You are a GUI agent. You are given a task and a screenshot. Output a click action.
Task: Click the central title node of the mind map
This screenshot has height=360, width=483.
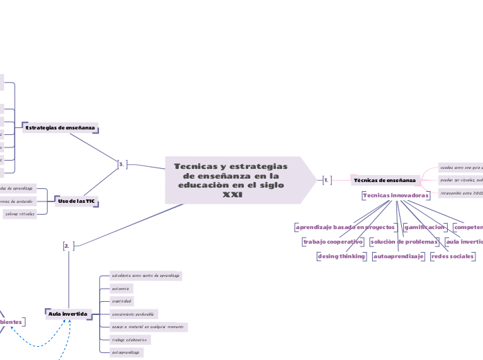tap(232, 180)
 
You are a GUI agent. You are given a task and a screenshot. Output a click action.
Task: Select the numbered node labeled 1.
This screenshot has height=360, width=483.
tap(327, 180)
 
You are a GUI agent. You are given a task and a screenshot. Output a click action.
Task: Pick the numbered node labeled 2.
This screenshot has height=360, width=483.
tap(68, 246)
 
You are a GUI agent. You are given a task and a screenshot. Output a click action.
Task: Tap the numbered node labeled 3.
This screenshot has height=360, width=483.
tap(122, 165)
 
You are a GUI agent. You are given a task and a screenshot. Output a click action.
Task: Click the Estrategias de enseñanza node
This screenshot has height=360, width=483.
tap(60, 128)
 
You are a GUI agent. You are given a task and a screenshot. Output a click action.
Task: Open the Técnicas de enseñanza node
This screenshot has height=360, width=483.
tap(385, 180)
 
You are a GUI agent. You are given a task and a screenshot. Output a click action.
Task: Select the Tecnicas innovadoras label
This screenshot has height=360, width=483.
tap(396, 196)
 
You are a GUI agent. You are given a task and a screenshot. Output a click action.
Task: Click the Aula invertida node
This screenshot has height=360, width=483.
tap(68, 314)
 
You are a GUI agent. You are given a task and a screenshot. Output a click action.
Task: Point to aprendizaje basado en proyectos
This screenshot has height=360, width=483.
tap(345, 227)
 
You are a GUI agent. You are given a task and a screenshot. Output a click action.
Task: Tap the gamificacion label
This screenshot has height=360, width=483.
tap(424, 227)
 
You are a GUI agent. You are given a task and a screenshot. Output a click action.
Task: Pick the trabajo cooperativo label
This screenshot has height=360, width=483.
tap(333, 242)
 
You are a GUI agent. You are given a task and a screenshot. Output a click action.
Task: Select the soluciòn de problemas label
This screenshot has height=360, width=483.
tap(404, 242)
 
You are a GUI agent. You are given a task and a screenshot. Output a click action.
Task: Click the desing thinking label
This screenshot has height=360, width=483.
tap(341, 256)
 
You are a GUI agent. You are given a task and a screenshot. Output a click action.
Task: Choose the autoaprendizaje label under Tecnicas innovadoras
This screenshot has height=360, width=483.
tap(398, 256)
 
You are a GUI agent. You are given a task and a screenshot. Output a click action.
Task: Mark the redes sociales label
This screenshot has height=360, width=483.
tap(453, 256)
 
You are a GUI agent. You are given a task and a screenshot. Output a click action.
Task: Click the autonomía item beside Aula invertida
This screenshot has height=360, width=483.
tap(121, 288)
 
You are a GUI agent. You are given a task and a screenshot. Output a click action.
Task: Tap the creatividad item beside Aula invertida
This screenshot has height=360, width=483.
tap(122, 301)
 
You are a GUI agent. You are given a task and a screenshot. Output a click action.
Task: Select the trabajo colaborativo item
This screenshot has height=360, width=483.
tap(130, 340)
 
